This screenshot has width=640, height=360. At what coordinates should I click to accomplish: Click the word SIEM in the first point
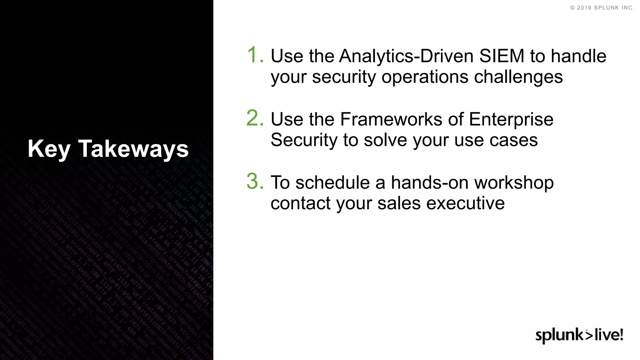click(x=502, y=56)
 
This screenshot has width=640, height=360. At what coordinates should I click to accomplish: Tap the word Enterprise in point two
click(x=511, y=119)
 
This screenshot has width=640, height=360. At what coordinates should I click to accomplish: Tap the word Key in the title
click(x=49, y=149)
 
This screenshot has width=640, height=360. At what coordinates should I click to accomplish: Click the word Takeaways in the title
click(x=133, y=149)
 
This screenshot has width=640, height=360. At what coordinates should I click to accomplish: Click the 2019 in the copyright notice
click(x=584, y=8)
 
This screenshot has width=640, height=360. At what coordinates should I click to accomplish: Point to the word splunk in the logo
click(x=559, y=335)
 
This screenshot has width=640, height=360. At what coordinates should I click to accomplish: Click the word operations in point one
click(x=424, y=77)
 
